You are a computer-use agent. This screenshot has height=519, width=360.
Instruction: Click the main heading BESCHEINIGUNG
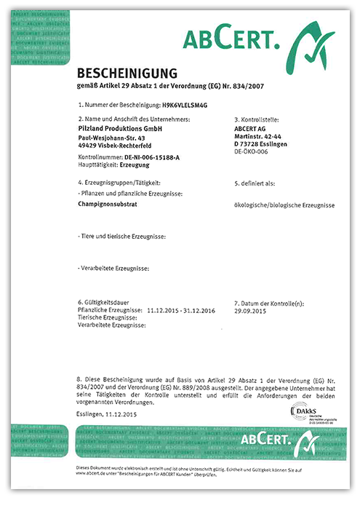click(127, 73)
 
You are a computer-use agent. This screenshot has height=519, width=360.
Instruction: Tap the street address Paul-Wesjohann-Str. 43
click(107, 138)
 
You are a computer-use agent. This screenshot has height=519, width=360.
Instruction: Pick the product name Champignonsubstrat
click(108, 206)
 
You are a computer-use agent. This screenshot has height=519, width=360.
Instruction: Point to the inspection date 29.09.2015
click(251, 311)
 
